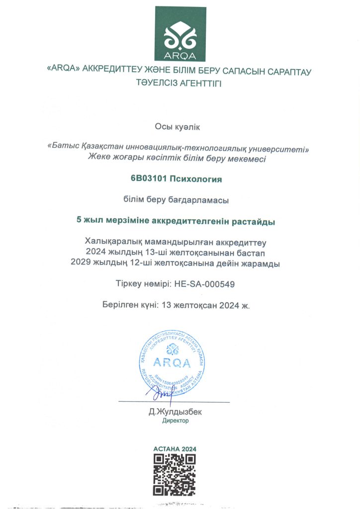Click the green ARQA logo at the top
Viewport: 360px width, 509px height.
click(x=180, y=34)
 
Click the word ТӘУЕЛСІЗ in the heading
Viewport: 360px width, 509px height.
click(x=159, y=83)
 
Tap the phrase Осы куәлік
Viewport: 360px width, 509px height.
click(x=180, y=128)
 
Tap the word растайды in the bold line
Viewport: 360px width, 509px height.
click(x=256, y=222)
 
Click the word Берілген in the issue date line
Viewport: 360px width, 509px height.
click(x=119, y=305)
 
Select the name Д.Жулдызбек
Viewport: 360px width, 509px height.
click(x=176, y=412)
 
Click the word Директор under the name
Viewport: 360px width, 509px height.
click(x=176, y=421)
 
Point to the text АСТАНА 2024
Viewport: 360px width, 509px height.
click(x=175, y=449)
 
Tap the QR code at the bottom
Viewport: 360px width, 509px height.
click(x=174, y=474)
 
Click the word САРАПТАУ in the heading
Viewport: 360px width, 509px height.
click(x=286, y=72)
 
